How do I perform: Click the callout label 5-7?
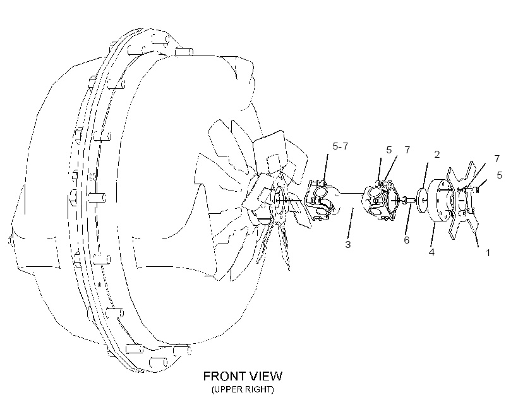[x=340, y=146]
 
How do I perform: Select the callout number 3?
[x=348, y=245]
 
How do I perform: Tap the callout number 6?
[x=407, y=240]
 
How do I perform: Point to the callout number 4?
[x=431, y=252]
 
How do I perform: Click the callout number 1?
[x=488, y=253]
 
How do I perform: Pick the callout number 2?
[x=437, y=155]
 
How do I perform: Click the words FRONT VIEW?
[x=243, y=376]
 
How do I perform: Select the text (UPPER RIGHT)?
[x=243, y=389]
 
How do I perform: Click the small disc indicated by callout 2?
[x=422, y=201]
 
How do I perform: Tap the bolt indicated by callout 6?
[x=408, y=199]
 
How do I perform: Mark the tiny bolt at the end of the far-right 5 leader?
[x=478, y=189]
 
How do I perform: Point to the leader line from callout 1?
[x=476, y=240]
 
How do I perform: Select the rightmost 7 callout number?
[x=497, y=159]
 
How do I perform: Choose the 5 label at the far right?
[x=500, y=175]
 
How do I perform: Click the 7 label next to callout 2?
[x=407, y=150]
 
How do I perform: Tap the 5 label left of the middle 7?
[x=389, y=150]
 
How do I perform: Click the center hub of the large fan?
[x=279, y=201]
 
